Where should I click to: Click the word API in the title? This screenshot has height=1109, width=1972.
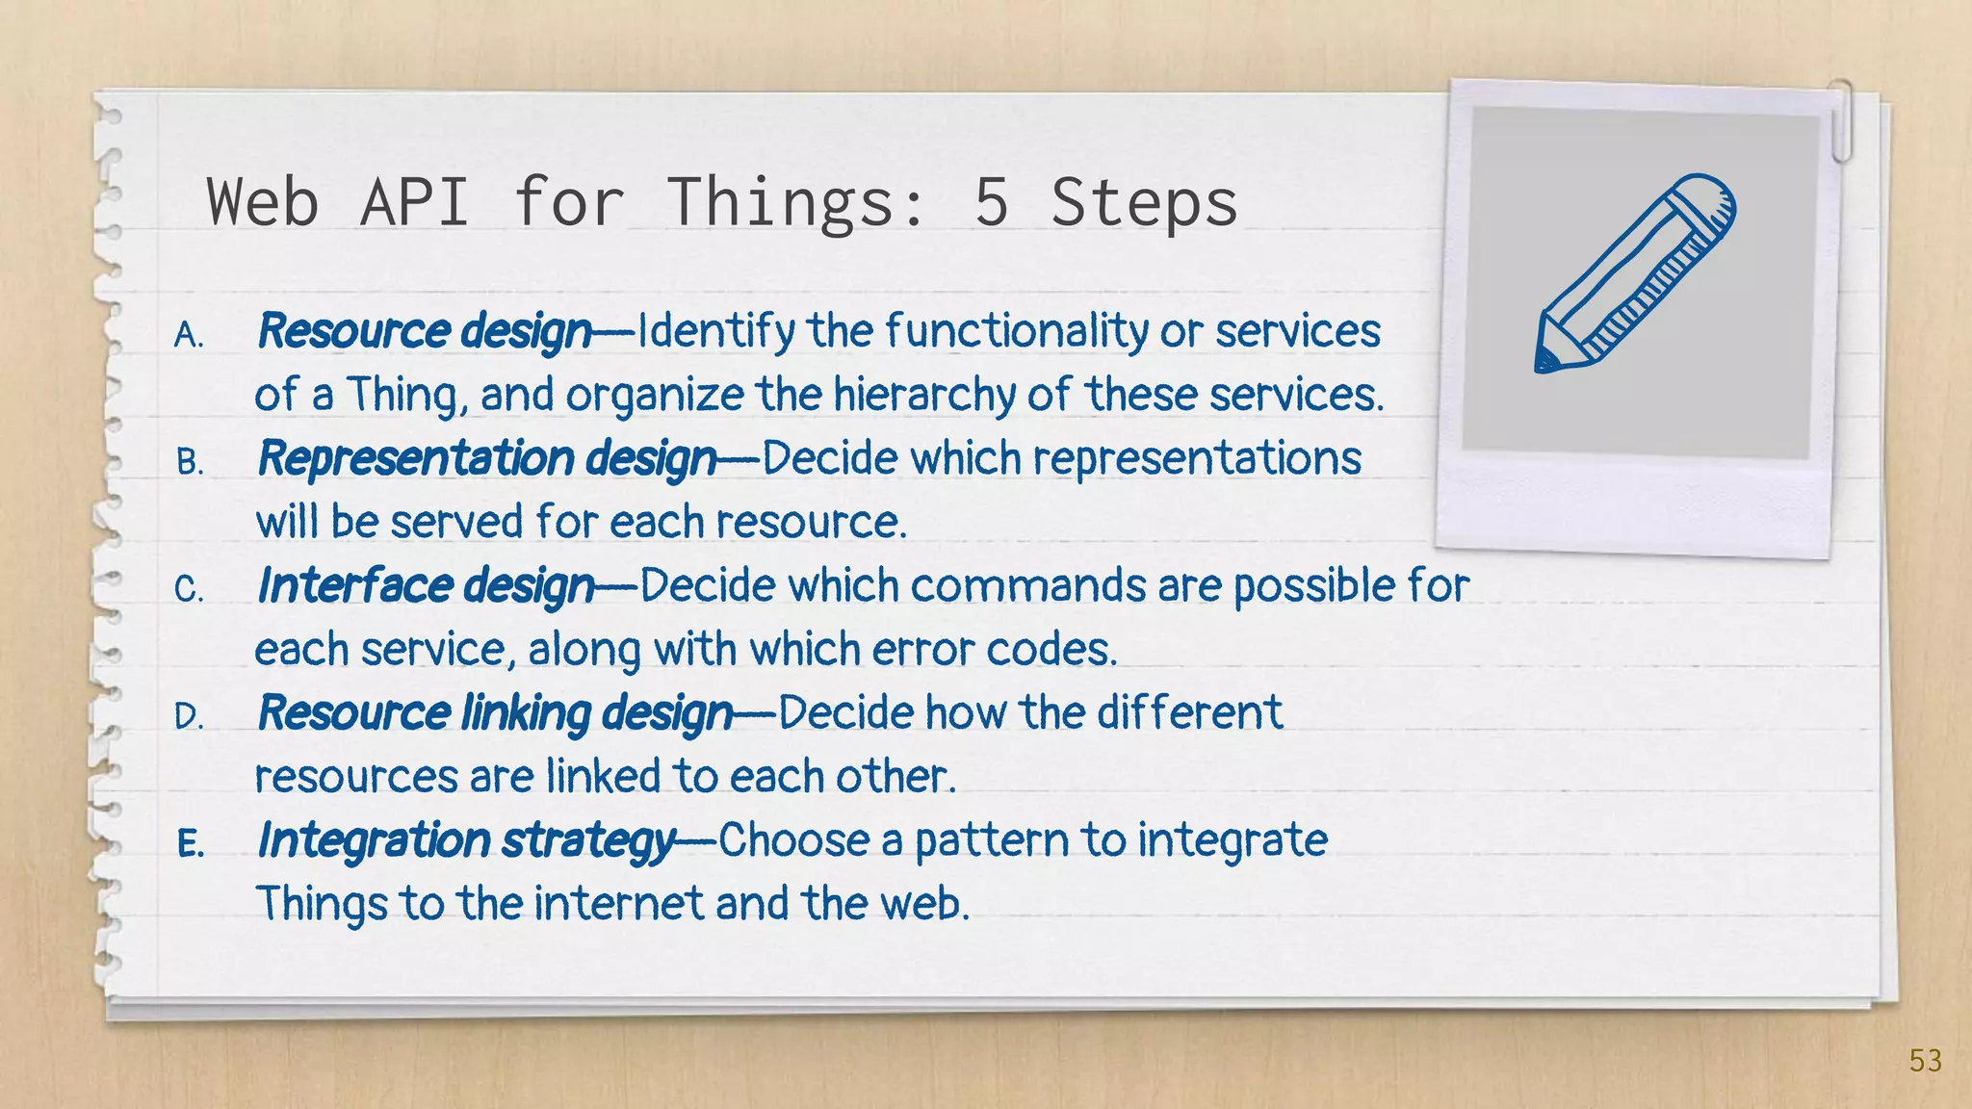pos(414,202)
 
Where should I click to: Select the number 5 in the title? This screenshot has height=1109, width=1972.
pos(991,202)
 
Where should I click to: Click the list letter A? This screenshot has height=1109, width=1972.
pos(189,336)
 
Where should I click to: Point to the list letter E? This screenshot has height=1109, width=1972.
pos(190,844)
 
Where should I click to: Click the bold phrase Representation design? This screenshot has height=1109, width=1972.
pos(487,458)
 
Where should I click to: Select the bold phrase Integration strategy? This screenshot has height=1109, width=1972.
pos(466,840)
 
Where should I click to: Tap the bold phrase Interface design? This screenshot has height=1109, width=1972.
pos(426,586)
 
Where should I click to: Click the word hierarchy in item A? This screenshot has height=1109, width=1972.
pos(923,396)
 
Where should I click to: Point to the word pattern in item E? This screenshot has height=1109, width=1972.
pos(991,840)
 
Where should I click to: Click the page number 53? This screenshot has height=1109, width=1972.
pos(1925,1061)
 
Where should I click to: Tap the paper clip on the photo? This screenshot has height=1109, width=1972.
pos(1840,120)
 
